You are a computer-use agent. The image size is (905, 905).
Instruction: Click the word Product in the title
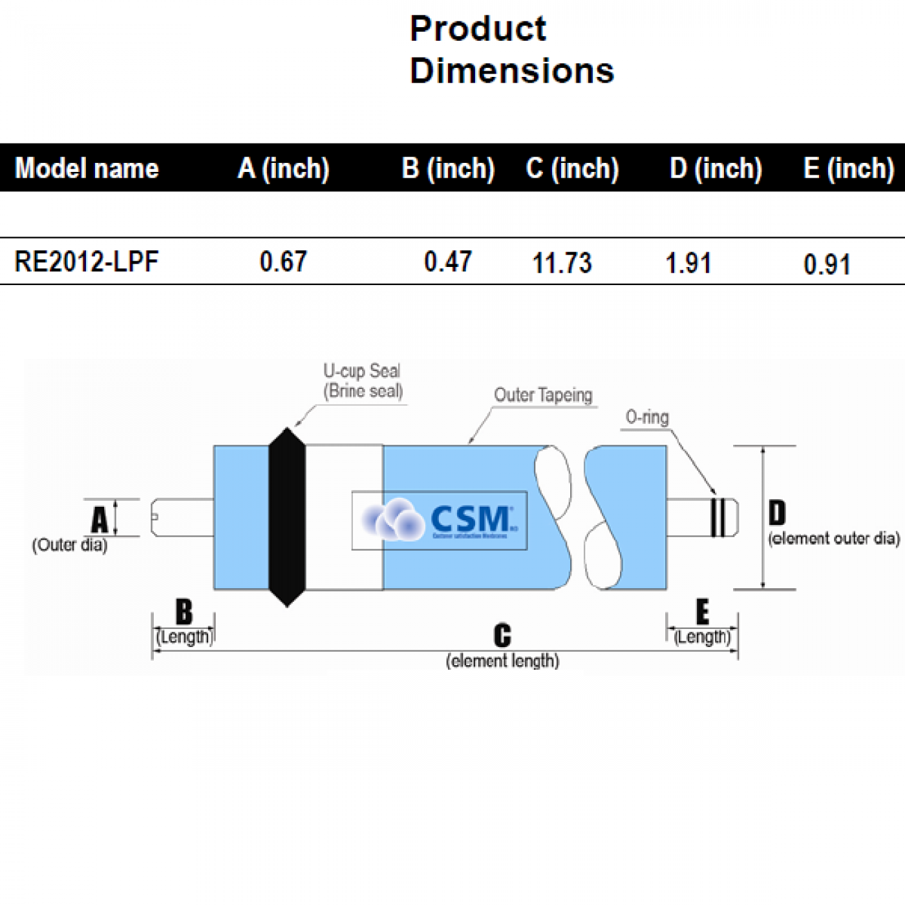pos(478,29)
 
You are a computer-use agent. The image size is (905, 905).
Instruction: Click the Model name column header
pos(87,169)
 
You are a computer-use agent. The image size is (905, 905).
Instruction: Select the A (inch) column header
pos(284,169)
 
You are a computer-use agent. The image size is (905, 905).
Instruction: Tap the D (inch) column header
pos(716,169)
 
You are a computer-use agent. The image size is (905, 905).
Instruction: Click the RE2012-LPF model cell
pos(86,262)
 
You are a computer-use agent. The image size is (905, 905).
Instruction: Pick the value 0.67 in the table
pos(283,262)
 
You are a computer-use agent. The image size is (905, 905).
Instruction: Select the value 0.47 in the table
pos(448,262)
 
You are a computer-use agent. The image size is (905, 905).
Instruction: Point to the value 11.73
pos(562,263)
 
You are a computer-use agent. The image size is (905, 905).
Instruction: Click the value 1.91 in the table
pos(688,263)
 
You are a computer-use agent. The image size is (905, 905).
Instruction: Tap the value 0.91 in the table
pos(827,264)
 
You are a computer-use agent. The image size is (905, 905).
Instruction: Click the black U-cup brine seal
pos(287,517)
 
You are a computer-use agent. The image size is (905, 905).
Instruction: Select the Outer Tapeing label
pos(543,395)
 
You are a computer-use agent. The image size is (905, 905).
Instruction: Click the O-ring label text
pos(647,418)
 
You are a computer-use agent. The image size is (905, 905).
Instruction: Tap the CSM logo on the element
pos(440,520)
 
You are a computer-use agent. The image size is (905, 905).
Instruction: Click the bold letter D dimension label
pos(777,513)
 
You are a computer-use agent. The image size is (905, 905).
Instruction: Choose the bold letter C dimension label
pos(502,635)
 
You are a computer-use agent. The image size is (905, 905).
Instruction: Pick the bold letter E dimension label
pos(703,612)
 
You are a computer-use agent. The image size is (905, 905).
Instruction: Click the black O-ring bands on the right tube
pos(718,517)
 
